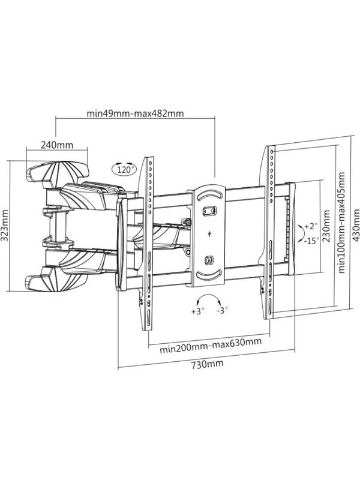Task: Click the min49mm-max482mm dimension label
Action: (135, 113)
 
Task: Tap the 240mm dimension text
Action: (57, 145)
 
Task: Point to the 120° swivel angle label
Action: (124, 170)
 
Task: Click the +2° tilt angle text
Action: (310, 226)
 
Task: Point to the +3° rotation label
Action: (198, 311)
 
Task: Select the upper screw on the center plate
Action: (209, 211)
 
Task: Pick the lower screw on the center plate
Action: (209, 260)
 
